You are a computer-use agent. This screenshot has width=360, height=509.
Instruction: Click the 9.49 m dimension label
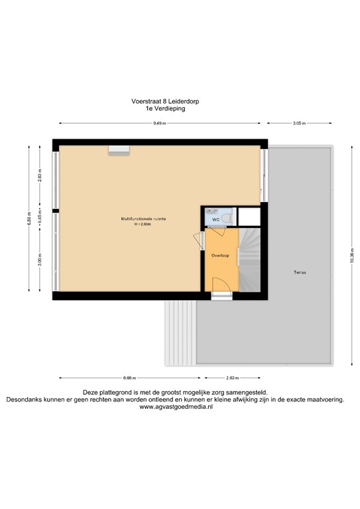160,123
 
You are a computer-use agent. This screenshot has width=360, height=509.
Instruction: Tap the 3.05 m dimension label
299,123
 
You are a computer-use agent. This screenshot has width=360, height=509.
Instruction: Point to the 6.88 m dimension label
29,218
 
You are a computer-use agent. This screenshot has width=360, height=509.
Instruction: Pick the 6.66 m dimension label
129,378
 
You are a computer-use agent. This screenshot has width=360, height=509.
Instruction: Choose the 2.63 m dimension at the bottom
233,378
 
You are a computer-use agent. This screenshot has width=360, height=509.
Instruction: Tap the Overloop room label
220,255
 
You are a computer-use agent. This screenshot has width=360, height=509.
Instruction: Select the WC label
215,219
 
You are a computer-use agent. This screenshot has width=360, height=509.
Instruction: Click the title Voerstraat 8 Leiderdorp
165,102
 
